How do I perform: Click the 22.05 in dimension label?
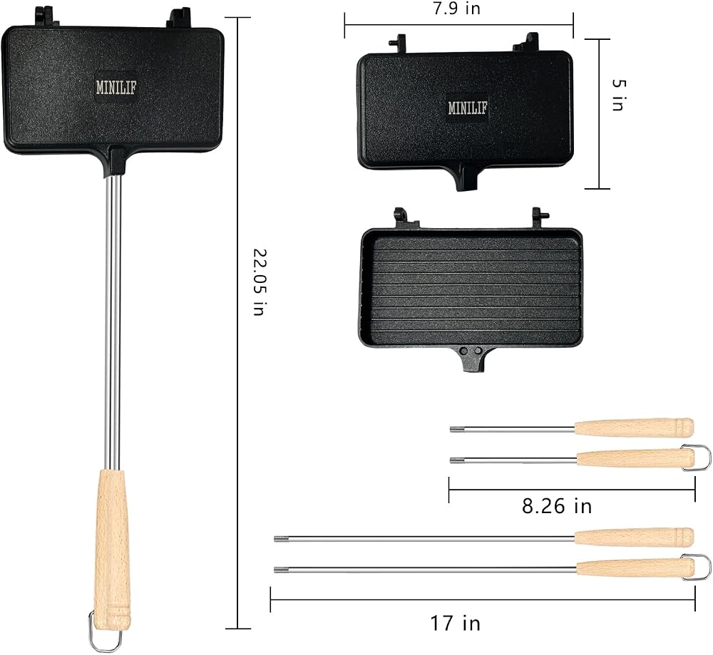pos(258,282)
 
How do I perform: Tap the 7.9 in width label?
pos(456,8)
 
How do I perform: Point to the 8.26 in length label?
pos(557,506)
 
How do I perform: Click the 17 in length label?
pos(455,623)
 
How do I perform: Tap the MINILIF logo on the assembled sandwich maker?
pos(116,87)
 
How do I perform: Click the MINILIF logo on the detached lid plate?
pos(468,108)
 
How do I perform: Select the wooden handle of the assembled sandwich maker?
pos(111,550)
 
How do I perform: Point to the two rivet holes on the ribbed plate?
pos(471,351)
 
